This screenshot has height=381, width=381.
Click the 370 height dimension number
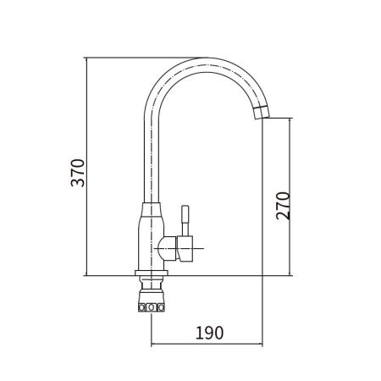[78, 173]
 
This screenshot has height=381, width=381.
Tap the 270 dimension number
[283, 206]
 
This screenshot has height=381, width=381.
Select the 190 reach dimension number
[209, 333]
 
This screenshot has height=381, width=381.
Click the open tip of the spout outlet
[262, 118]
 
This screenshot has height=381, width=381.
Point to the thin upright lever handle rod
[185, 220]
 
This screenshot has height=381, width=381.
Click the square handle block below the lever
[185, 249]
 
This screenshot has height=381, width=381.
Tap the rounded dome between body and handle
[168, 249]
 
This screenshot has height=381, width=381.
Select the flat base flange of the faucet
[152, 273]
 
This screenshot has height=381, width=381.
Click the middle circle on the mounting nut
[152, 307]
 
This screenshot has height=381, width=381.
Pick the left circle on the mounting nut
[142, 307]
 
